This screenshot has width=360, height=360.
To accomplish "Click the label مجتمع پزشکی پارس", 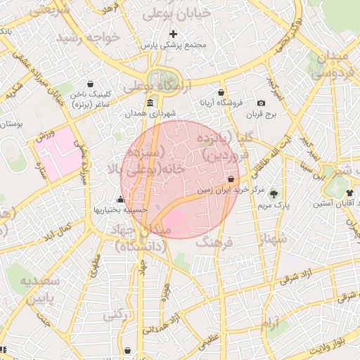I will (x=173, y=45).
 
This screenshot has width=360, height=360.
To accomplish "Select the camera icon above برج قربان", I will (x=262, y=103).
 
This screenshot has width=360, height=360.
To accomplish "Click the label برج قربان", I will (x=262, y=114).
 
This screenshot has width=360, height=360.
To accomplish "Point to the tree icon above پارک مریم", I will (x=274, y=194).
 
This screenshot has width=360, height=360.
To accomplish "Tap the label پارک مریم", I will (x=274, y=205).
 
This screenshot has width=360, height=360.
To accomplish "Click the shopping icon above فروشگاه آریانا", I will (x=221, y=92).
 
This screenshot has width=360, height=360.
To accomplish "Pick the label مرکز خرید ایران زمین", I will (x=231, y=190).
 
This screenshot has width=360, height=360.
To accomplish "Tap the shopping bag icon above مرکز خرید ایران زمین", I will (x=231, y=179).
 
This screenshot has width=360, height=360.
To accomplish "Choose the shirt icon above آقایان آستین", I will (x=349, y=191).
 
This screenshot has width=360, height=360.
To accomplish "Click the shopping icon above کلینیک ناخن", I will (x=91, y=83).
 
